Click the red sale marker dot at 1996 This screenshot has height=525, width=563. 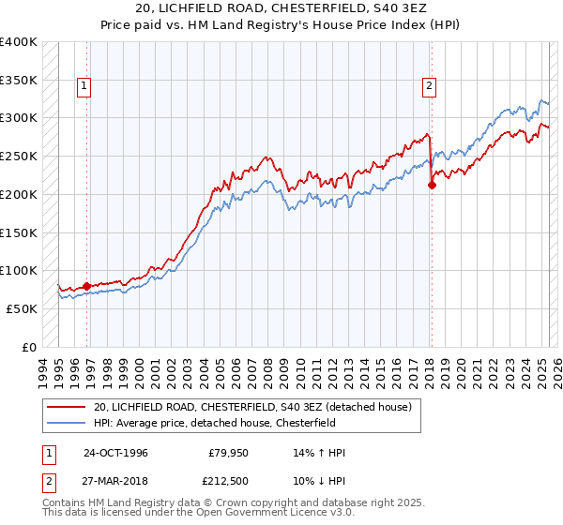pos(86,286)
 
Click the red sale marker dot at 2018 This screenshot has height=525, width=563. pos(432,185)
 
